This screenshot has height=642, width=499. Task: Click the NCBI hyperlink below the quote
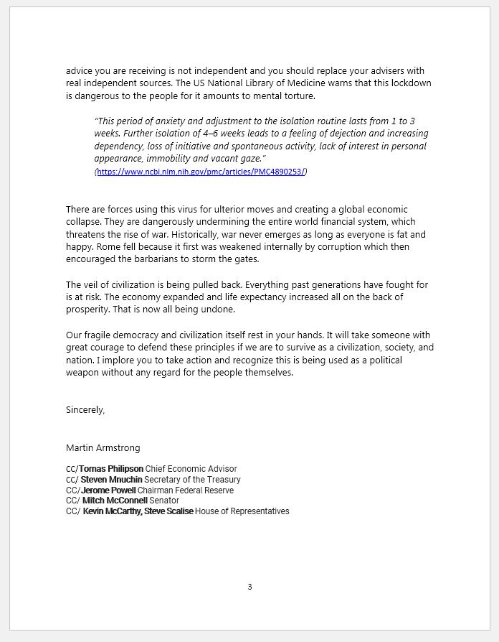point(201,172)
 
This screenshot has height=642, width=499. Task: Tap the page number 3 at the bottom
point(249,587)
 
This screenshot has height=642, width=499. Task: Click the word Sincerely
point(85,410)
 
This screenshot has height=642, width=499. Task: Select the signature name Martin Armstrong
point(103,447)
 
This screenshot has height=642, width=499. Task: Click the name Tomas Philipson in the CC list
point(111,469)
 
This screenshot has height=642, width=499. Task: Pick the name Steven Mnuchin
point(111,480)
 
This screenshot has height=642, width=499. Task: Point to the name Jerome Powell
point(108,490)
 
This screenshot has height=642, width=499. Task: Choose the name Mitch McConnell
point(115,501)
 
